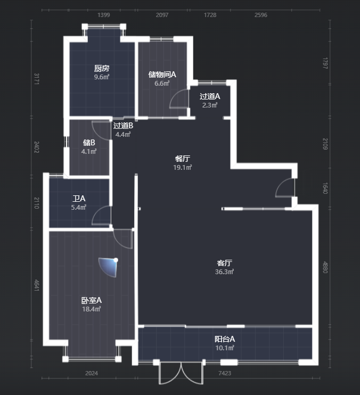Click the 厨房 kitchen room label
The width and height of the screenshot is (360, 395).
tap(102, 68)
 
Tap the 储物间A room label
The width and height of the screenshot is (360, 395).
tap(162, 75)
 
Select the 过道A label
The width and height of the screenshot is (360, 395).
tap(210, 96)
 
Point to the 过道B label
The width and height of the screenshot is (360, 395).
tap(123, 126)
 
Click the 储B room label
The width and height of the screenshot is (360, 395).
tap(89, 143)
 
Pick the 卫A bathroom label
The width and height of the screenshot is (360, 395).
tap(79, 199)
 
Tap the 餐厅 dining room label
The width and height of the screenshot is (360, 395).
tap(182, 159)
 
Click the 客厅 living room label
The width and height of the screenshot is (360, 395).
tap(224, 263)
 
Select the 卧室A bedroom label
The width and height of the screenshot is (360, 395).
tap(91, 300)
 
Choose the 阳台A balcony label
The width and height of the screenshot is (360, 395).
tap(224, 339)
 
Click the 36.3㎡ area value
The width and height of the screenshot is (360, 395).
tap(224, 272)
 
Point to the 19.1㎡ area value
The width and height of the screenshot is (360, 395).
tap(182, 168)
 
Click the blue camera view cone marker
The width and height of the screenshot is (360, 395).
tap(109, 267)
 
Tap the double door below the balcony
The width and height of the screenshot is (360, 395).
tap(181, 373)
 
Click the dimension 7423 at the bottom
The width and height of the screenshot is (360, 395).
tap(225, 373)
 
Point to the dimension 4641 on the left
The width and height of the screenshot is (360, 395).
tap(37, 285)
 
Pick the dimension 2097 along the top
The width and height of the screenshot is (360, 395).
tap(162, 15)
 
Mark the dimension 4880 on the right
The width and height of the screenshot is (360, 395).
tap(325, 267)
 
